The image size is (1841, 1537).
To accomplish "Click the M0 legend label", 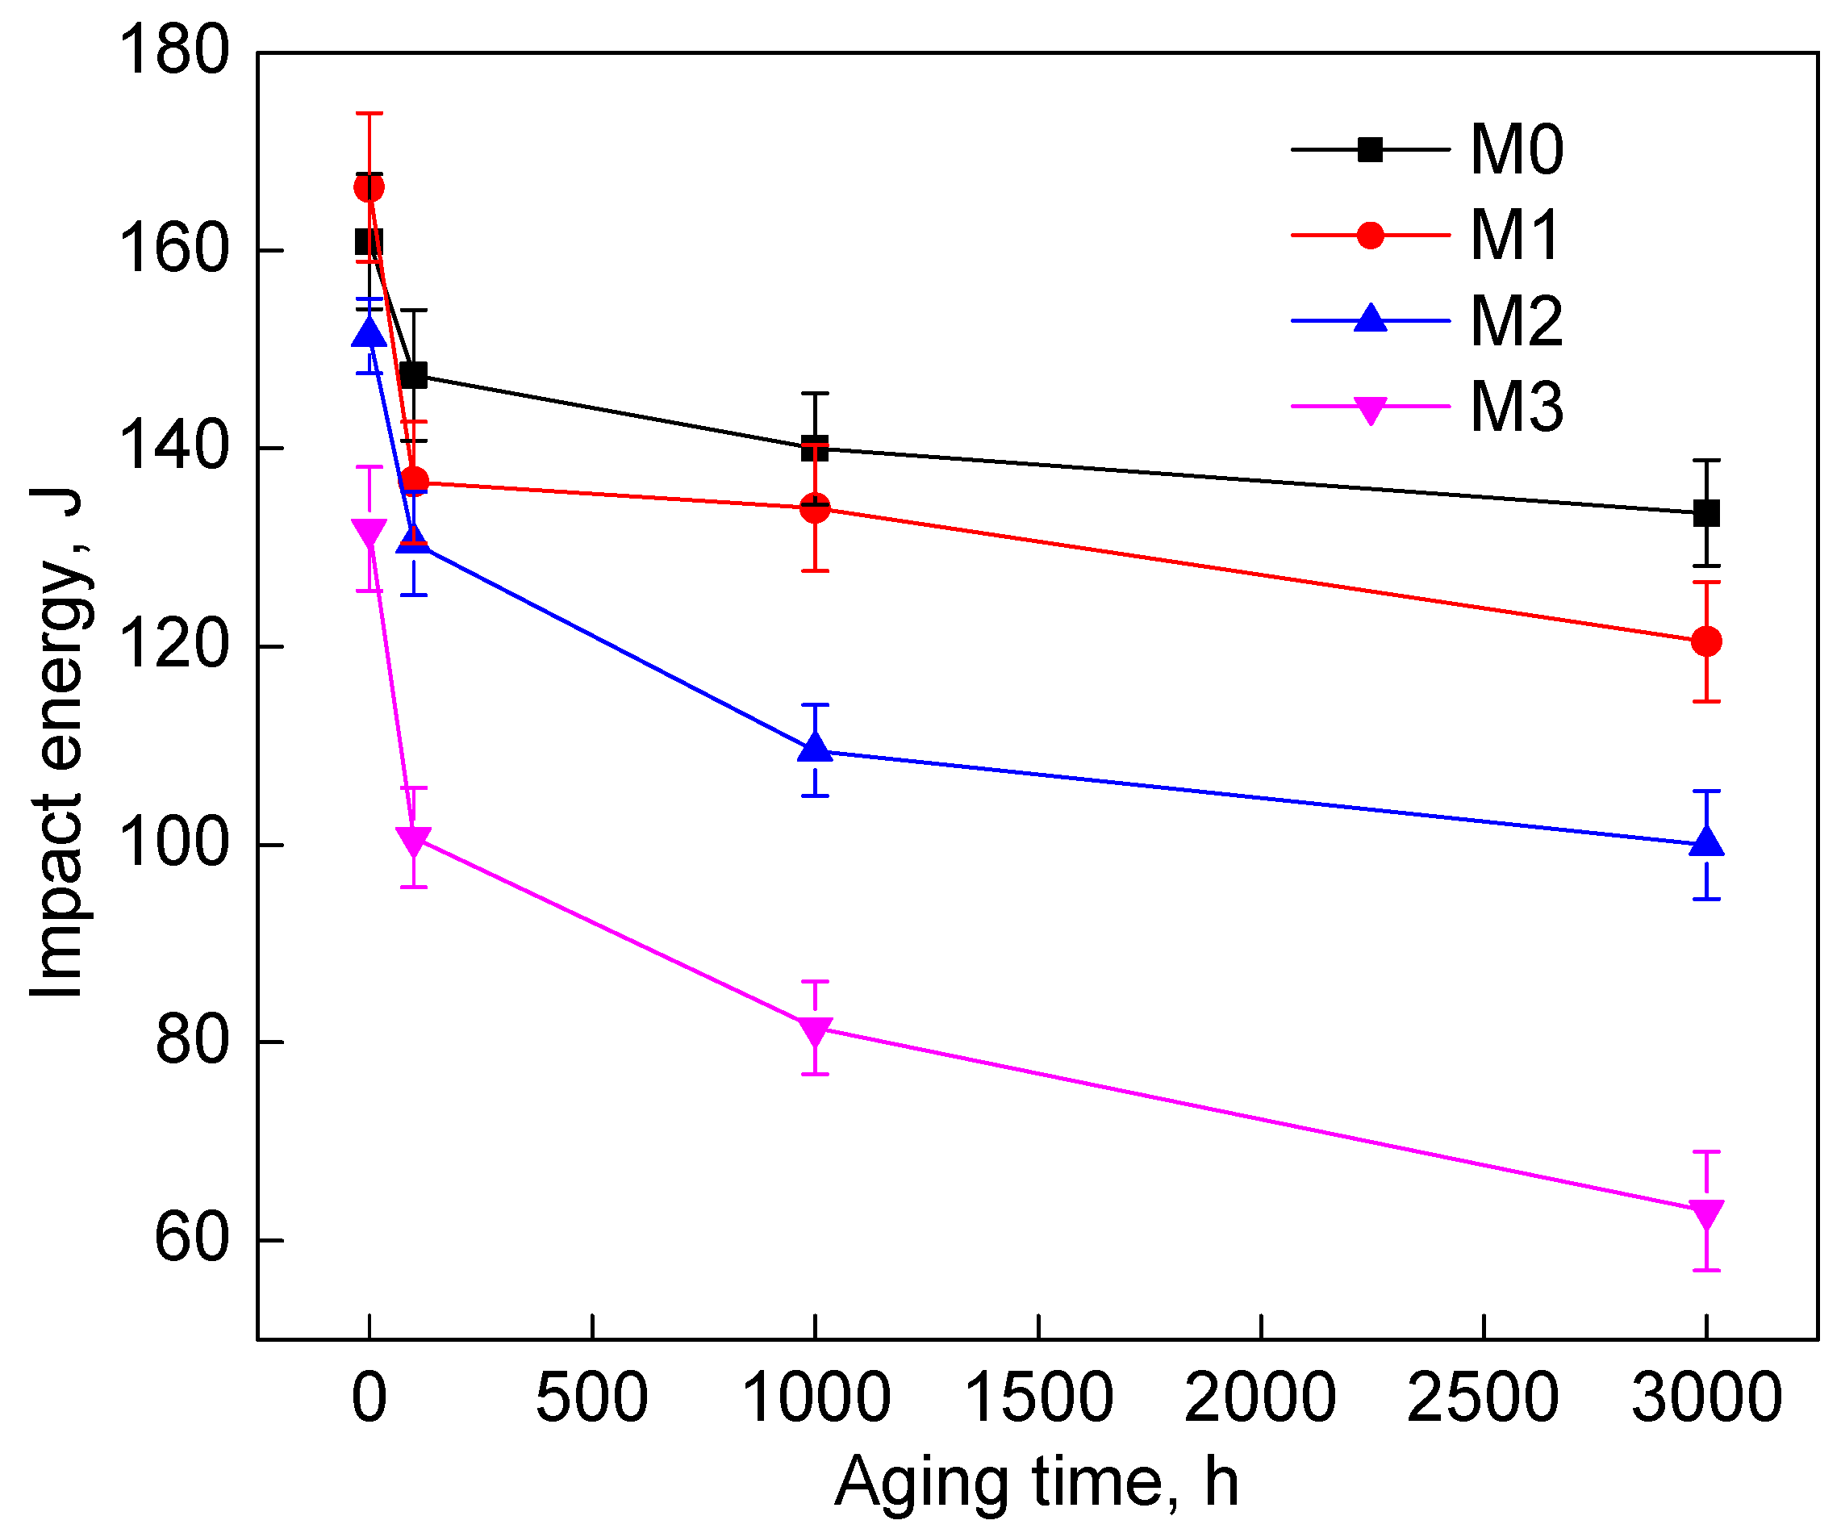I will (x=1517, y=150).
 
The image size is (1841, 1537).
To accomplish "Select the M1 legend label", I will (x=1515, y=236).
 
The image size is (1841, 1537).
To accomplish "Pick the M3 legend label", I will (x=1517, y=407).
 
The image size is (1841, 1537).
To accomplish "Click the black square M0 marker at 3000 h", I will (x=1706, y=513).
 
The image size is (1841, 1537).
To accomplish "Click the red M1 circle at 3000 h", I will (x=1706, y=641).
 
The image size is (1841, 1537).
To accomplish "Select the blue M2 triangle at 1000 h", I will (x=816, y=747).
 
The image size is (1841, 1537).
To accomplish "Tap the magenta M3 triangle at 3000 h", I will (x=1706, y=1214).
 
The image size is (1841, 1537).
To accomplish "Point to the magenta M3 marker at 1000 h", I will (x=816, y=1031).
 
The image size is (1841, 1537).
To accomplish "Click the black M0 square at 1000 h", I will (x=816, y=448).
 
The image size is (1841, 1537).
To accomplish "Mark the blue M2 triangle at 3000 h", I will (x=1706, y=842).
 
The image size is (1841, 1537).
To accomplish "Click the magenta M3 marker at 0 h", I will (x=369, y=533).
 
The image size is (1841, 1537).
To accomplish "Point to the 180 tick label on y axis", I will (x=173, y=51).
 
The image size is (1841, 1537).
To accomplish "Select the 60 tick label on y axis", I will (x=192, y=1240).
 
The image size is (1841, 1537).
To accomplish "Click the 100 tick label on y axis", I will (x=173, y=845).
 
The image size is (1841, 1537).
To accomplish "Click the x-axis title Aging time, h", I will (x=1037, y=1483).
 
